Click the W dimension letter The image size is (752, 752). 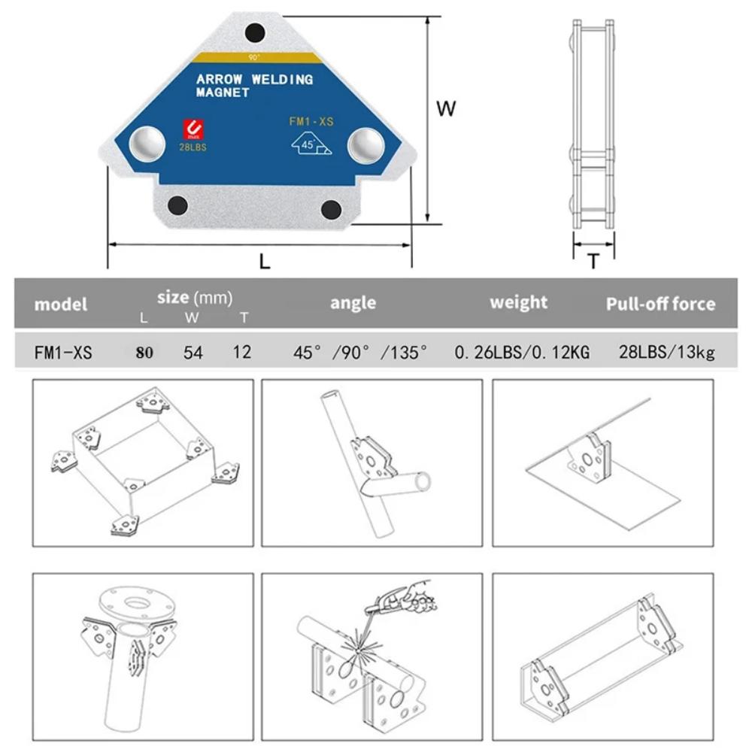(x=447, y=108)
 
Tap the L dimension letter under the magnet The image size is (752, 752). (x=265, y=262)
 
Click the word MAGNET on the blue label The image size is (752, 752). (x=222, y=93)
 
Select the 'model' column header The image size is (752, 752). (x=61, y=304)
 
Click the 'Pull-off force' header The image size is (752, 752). (x=660, y=304)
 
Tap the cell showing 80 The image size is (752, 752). (x=144, y=352)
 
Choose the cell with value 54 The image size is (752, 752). (x=193, y=352)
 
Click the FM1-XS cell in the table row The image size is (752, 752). (x=63, y=352)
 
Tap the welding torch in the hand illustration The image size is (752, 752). (x=386, y=602)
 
